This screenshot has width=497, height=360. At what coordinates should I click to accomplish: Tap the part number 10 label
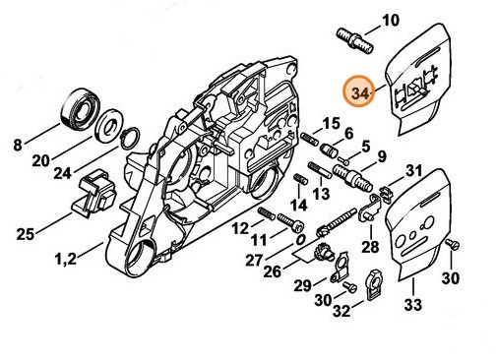[x=391, y=21]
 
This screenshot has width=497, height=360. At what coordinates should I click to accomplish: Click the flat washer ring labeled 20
[x=109, y=128]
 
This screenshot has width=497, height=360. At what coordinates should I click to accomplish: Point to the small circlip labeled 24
[x=131, y=138]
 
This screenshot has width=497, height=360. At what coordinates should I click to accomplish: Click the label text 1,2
[x=66, y=260]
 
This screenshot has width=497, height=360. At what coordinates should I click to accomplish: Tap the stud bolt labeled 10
[x=355, y=41]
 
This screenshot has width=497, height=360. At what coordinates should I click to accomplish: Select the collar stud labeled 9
[x=352, y=179]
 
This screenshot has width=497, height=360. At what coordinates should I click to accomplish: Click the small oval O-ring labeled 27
[x=299, y=240]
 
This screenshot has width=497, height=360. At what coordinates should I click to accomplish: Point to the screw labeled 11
[x=290, y=222]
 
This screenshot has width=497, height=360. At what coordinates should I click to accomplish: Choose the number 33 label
[x=413, y=305]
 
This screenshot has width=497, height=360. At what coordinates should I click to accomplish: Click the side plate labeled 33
[x=413, y=225]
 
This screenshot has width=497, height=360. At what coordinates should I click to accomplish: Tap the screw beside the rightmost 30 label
[x=452, y=244]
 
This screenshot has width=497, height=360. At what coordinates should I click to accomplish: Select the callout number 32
[x=342, y=311]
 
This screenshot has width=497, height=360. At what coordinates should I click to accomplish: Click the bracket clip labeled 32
[x=374, y=284]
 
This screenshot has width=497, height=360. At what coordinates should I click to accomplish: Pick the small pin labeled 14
[x=300, y=179]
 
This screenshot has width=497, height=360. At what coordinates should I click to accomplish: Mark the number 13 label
[x=321, y=194]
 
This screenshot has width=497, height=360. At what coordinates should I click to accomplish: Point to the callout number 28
[x=370, y=247]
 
